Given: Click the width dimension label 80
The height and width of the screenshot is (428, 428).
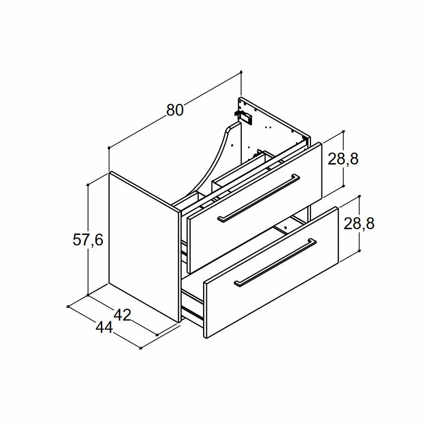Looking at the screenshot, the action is tap(175, 110).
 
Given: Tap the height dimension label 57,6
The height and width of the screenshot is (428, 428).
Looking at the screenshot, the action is tap(88, 240).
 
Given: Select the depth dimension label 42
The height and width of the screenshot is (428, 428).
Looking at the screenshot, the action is tap(123, 315).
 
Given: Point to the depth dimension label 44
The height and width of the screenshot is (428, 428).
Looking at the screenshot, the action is tap(104, 327).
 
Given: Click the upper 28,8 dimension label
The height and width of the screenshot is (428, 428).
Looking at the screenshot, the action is tap(343, 159).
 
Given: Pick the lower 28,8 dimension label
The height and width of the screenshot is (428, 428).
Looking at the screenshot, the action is tap(359, 224).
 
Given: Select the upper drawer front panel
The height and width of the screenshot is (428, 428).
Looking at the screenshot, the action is tap(256, 207).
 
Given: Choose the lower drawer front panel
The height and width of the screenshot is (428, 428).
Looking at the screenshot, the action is tap(272, 272).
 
